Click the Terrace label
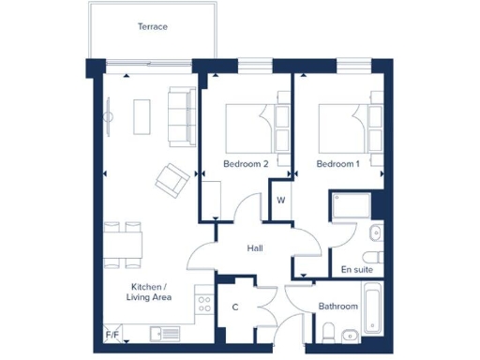point(152,27)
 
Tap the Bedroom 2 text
point(246,164)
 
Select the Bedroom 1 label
point(337,164)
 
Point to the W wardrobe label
point(280,200)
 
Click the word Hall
point(254,248)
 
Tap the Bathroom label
point(337,306)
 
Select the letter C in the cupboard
point(235,307)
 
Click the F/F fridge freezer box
point(112,334)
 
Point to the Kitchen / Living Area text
point(147,292)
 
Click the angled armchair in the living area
point(172,178)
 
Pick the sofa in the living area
point(180,116)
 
